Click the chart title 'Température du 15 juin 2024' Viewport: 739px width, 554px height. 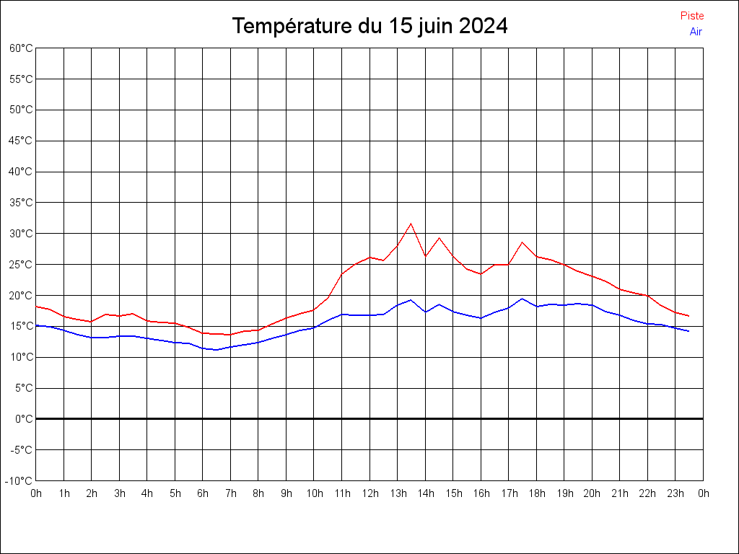tap(369, 27)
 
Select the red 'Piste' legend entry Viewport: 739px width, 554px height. tap(691, 16)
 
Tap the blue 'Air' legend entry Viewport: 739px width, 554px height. tap(696, 32)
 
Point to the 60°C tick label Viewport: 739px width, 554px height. tap(21, 48)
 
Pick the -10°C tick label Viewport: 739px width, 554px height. tap(19, 480)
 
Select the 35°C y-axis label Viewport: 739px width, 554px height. tap(21, 203)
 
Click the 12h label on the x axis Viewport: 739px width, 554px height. tap(369, 493)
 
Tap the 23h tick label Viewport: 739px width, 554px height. tap(675, 493)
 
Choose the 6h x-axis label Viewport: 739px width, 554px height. tap(203, 493)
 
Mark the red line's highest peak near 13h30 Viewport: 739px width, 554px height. tap(411, 224)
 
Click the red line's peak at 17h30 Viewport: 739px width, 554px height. tap(522, 242)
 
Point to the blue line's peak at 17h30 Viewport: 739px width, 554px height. tap(522, 299)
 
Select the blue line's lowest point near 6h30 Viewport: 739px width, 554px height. tap(217, 350)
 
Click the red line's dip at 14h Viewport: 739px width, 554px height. tap(425, 256)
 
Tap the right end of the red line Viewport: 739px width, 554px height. tap(688, 316)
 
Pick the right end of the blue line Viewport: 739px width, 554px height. tap(688, 331)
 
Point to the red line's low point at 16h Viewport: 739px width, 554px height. tap(481, 274)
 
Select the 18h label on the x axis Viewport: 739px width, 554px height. tap(536, 493)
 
